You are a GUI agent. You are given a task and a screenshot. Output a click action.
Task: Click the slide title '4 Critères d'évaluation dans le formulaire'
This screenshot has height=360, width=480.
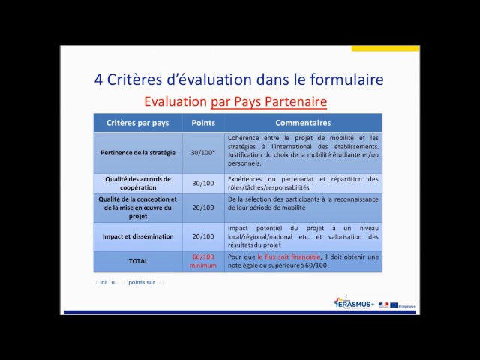click(238, 79)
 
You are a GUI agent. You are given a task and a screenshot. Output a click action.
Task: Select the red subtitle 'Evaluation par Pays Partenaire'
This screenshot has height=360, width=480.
click(235, 101)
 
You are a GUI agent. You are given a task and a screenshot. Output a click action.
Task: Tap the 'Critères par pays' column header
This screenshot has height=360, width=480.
click(138, 123)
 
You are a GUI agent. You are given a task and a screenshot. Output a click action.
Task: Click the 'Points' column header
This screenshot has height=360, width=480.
click(203, 123)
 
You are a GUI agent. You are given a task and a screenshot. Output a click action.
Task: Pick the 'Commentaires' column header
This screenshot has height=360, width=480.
click(302, 123)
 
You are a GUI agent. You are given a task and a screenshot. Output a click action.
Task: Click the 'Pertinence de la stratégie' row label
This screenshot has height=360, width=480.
click(138, 152)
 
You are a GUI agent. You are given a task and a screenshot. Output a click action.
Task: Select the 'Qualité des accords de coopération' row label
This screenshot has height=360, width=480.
click(138, 183)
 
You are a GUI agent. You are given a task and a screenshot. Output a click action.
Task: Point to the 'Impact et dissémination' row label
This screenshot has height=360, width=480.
click(138, 236)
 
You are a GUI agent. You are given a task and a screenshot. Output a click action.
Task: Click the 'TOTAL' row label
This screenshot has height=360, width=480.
click(138, 261)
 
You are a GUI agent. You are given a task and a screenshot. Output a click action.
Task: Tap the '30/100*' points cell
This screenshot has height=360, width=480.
click(203, 152)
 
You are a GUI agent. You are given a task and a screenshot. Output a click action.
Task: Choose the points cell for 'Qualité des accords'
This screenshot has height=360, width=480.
click(203, 183)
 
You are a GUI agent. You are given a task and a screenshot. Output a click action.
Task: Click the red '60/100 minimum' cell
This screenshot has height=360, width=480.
click(203, 261)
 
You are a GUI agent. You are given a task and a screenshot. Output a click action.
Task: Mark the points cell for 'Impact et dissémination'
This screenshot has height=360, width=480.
click(203, 236)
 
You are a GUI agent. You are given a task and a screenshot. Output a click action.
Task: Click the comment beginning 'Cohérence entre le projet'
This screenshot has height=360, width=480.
click(303, 150)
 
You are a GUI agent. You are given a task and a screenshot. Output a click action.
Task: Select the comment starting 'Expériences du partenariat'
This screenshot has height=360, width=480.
click(303, 183)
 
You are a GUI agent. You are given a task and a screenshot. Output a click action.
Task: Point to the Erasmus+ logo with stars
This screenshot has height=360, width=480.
click(353, 303)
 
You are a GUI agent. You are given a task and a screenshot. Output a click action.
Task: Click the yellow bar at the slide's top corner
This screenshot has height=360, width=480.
click(385, 49)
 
